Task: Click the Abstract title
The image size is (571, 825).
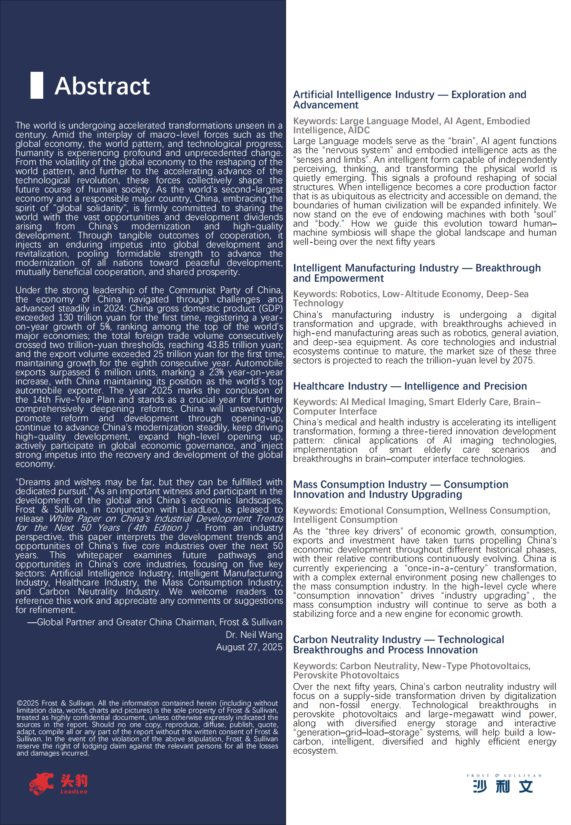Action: pyautogui.click(x=102, y=86)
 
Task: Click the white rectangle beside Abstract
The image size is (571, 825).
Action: pyautogui.click(x=37, y=85)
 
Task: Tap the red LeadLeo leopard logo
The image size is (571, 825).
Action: pyautogui.click(x=41, y=784)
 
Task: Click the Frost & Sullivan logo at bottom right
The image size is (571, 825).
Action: pyautogui.click(x=503, y=784)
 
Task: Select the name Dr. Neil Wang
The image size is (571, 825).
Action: pyautogui.click(x=254, y=635)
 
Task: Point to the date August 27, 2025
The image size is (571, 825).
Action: pyautogui.click(x=249, y=647)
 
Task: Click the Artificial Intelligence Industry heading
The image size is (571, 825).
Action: pyautogui.click(x=409, y=100)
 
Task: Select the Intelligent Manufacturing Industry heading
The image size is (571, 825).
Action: pyautogui.click(x=416, y=273)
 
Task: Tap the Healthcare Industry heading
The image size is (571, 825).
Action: pyautogui.click(x=410, y=386)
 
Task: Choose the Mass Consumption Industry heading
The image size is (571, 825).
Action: pyautogui.click(x=400, y=489)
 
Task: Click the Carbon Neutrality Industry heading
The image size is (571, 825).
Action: pyautogui.click(x=398, y=645)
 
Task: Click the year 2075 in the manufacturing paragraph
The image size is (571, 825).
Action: pyautogui.click(x=523, y=360)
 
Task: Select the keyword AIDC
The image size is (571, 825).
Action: pyautogui.click(x=359, y=130)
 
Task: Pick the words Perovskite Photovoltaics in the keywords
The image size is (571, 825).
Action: pyautogui.click(x=346, y=675)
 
